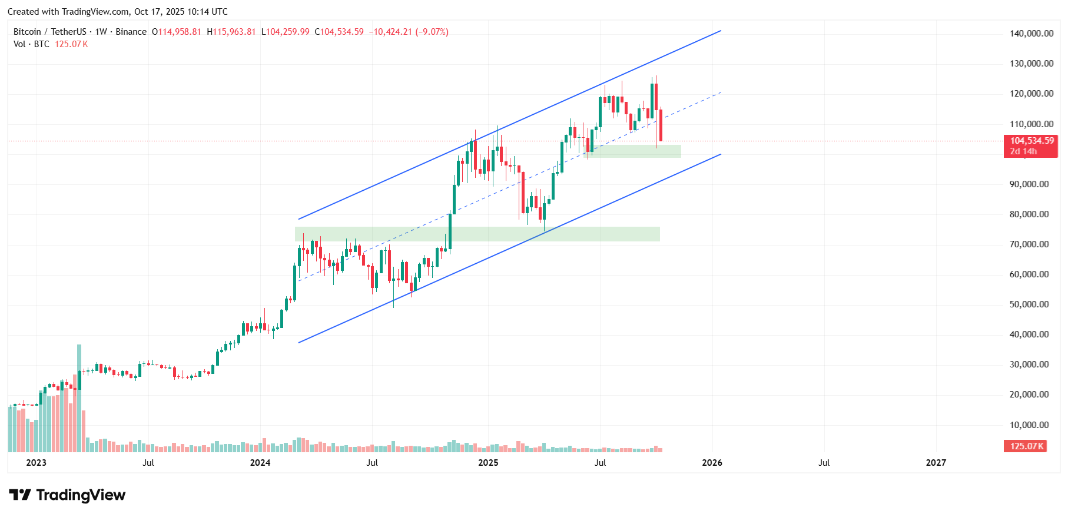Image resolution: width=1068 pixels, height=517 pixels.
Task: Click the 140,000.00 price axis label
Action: pos(1031,34)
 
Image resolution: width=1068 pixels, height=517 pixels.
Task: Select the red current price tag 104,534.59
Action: pos(1031,141)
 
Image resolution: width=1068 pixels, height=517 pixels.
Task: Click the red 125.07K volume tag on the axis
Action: pos(1026,446)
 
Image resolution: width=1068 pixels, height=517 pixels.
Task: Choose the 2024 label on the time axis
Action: pos(260,463)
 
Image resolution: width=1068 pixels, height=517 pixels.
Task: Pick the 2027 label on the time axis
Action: pos(936,463)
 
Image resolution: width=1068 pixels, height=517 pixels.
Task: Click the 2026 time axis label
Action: pos(712,463)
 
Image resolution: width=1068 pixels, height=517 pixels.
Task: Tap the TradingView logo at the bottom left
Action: pos(67,495)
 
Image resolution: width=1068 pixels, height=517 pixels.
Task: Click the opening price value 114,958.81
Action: pos(180,32)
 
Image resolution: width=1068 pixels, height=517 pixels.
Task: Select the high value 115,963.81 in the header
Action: pos(234,32)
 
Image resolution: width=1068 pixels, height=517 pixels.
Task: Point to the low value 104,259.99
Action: pos(288,32)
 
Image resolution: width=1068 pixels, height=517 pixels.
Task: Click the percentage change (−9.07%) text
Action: pos(432,32)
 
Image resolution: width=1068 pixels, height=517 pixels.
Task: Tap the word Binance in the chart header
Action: pos(131,32)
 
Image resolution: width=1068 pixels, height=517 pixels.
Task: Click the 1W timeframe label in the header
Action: pos(101,32)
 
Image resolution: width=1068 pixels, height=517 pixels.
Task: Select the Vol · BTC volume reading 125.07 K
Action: pos(71,44)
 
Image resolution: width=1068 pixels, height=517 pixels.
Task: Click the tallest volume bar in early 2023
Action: pos(79,398)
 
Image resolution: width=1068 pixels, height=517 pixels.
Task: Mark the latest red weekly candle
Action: pos(661,125)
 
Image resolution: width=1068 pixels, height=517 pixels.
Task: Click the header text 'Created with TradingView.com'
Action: pos(68,12)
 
